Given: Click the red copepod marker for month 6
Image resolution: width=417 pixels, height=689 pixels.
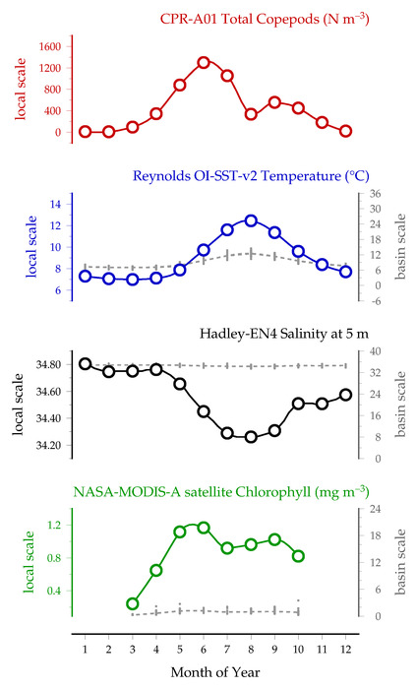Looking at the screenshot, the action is [204, 62].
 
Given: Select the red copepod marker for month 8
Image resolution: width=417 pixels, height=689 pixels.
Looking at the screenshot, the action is [251, 115].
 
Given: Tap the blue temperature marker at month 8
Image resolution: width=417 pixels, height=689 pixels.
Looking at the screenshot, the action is [251, 220].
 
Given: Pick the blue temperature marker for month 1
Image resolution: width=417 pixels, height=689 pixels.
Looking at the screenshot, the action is [86, 276].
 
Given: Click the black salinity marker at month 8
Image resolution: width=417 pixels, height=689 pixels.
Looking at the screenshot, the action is [251, 437].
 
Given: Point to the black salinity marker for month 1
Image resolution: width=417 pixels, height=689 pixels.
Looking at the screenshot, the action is [86, 364].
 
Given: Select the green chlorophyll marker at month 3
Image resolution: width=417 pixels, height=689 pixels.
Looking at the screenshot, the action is [133, 603].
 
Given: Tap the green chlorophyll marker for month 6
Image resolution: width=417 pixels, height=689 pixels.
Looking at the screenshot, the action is [204, 528].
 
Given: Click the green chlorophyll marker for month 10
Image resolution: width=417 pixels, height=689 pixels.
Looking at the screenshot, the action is [298, 556].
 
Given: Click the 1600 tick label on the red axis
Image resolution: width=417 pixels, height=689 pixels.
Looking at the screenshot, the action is [49, 46].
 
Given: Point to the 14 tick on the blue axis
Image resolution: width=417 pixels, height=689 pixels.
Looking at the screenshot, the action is [55, 205].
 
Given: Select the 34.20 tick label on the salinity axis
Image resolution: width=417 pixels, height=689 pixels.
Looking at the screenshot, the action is [48, 445].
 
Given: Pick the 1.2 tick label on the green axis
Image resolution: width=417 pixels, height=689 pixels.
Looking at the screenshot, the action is [54, 525].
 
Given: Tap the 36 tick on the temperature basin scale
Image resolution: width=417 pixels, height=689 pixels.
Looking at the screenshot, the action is [375, 194].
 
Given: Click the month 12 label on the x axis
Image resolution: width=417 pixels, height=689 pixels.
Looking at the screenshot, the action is [345, 649].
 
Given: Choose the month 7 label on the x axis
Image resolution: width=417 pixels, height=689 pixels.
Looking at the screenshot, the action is [227, 649].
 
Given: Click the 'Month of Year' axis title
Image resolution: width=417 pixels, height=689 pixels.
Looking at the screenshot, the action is [215, 672].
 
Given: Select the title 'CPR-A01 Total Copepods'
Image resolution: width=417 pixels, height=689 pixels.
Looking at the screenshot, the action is [240, 19].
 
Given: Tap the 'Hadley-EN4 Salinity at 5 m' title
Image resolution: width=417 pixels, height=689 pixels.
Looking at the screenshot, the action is [284, 334].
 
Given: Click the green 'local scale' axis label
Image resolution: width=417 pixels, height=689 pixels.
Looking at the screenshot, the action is [29, 562].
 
